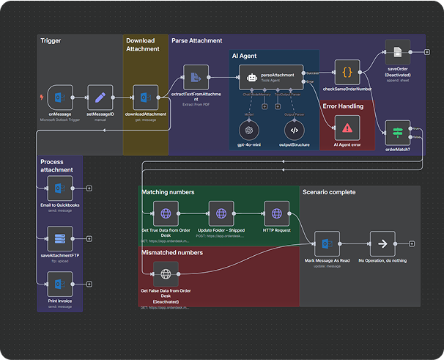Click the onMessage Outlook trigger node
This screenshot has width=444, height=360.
click(60, 98)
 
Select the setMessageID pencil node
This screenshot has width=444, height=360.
click(100, 98)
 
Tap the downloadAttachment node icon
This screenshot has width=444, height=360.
click(145, 98)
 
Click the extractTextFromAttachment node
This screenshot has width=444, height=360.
click(196, 78)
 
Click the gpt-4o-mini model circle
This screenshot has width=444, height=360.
click(250, 130)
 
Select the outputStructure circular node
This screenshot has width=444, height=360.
click(296, 130)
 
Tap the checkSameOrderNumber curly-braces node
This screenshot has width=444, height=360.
click(347, 73)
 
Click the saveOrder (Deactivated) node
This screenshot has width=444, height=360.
click(397, 53)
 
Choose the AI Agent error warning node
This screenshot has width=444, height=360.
click(347, 128)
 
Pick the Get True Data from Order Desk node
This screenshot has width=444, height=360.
click(166, 213)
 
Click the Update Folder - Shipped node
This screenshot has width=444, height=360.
click(221, 213)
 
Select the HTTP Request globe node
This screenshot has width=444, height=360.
click(277, 213)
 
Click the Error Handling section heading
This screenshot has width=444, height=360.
click(343, 106)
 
